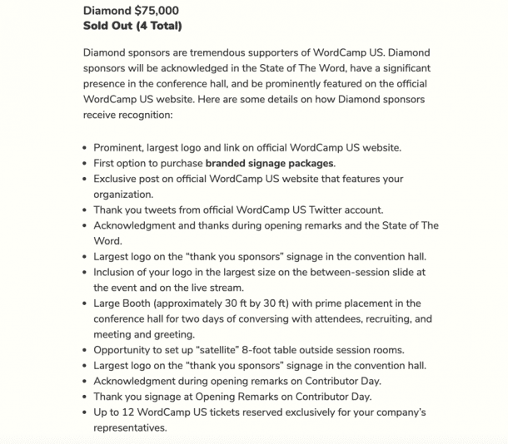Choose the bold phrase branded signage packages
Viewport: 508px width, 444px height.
coord(270,163)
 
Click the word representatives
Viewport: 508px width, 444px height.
coord(130,428)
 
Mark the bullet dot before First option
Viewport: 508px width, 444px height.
coord(85,164)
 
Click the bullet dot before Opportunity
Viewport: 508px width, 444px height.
coord(85,350)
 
